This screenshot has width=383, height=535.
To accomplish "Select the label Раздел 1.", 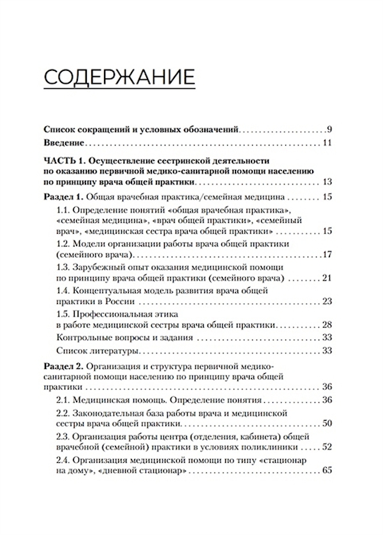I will point(64,197).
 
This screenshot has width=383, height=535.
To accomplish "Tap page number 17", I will point(327,255).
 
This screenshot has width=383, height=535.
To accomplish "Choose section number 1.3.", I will point(64,268).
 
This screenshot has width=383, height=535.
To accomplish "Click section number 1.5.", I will point(64,314).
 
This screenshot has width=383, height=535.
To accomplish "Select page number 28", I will point(327,324).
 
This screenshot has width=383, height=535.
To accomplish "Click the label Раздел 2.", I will point(64,367).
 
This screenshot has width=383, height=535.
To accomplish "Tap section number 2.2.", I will point(64,413).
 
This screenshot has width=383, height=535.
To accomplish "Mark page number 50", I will point(327,423).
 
